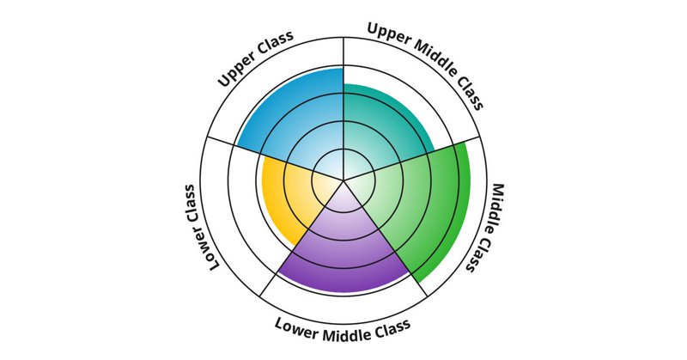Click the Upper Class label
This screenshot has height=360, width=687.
click(x=257, y=60)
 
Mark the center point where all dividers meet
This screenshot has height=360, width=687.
click(x=343, y=180)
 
